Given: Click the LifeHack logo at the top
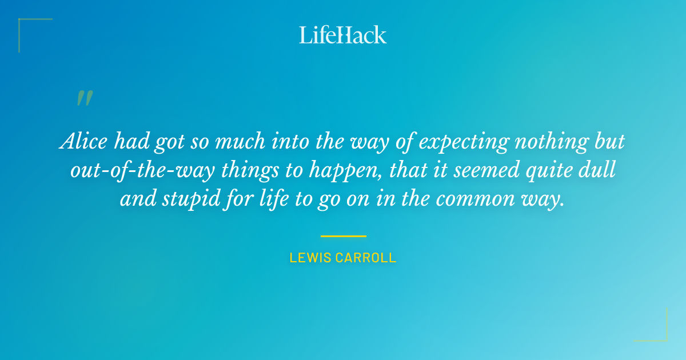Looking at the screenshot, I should click(343, 35).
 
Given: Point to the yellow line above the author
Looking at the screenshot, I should click(343, 236).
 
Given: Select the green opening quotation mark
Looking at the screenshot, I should click(84, 98).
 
